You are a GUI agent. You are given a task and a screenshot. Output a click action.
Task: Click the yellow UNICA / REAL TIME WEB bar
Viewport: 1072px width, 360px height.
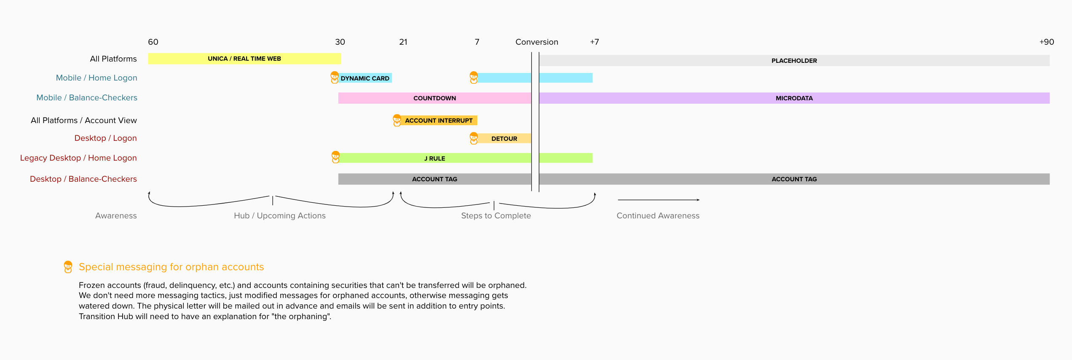pyautogui.click(x=244, y=59)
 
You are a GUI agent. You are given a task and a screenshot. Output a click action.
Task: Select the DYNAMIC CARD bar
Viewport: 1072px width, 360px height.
pyautogui.click(x=365, y=78)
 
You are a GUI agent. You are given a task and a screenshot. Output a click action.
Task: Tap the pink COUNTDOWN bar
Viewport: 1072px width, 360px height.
pyautogui.click(x=434, y=98)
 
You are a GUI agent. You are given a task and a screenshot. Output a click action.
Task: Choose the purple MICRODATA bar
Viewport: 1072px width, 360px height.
pyautogui.click(x=794, y=98)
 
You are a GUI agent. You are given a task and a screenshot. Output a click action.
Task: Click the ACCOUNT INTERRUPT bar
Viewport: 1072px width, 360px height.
pyautogui.click(x=438, y=121)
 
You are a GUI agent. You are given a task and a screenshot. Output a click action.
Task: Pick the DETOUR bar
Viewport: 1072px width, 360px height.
pyautogui.click(x=504, y=138)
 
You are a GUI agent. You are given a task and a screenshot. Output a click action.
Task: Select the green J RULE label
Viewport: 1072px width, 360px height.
pyautogui.click(x=434, y=159)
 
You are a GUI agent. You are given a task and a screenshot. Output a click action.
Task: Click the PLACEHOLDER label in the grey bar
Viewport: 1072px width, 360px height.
pyautogui.click(x=794, y=61)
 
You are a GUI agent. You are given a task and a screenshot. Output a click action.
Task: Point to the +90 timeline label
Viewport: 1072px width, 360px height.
pyautogui.click(x=1046, y=42)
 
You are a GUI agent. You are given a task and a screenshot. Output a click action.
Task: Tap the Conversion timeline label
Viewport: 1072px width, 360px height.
pyautogui.click(x=536, y=42)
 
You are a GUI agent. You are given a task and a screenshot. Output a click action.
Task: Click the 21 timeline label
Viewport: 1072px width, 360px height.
pyautogui.click(x=403, y=42)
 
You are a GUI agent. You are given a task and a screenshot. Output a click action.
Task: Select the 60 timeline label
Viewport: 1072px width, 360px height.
pyautogui.click(x=153, y=42)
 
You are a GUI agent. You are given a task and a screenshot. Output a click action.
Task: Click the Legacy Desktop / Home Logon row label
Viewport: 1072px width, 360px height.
pyautogui.click(x=78, y=158)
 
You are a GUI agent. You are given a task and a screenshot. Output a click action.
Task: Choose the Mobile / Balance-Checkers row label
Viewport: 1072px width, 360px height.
pyautogui.click(x=87, y=97)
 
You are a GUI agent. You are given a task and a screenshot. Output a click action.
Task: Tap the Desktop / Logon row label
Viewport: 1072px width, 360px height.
pyautogui.click(x=105, y=138)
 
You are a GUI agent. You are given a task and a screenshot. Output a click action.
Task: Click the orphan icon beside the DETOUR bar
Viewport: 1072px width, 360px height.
pyautogui.click(x=474, y=138)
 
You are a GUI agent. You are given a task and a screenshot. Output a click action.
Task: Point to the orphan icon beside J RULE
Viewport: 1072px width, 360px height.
pyautogui.click(x=335, y=157)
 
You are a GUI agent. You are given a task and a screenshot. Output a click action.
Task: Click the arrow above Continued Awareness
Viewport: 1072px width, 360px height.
pyautogui.click(x=658, y=200)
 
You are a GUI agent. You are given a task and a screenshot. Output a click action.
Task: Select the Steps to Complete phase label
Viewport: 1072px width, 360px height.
pyautogui.click(x=496, y=215)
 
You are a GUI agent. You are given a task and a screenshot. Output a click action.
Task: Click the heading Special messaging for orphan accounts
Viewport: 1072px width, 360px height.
pyautogui.click(x=171, y=267)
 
